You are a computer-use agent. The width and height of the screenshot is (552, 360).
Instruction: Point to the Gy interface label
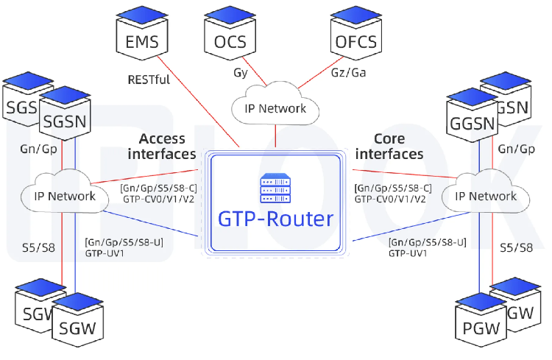240,73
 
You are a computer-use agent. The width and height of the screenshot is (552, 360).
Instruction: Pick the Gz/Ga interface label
347,73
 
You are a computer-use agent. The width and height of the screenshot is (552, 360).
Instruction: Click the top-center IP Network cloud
275,109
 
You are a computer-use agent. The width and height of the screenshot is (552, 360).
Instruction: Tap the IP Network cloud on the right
486,196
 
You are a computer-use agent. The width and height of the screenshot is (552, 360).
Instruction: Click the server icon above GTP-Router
275,189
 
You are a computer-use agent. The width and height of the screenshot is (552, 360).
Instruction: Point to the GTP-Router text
275,219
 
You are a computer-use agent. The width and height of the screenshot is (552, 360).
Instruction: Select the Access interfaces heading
162,146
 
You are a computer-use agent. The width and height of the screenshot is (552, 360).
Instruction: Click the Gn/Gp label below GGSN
516,148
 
